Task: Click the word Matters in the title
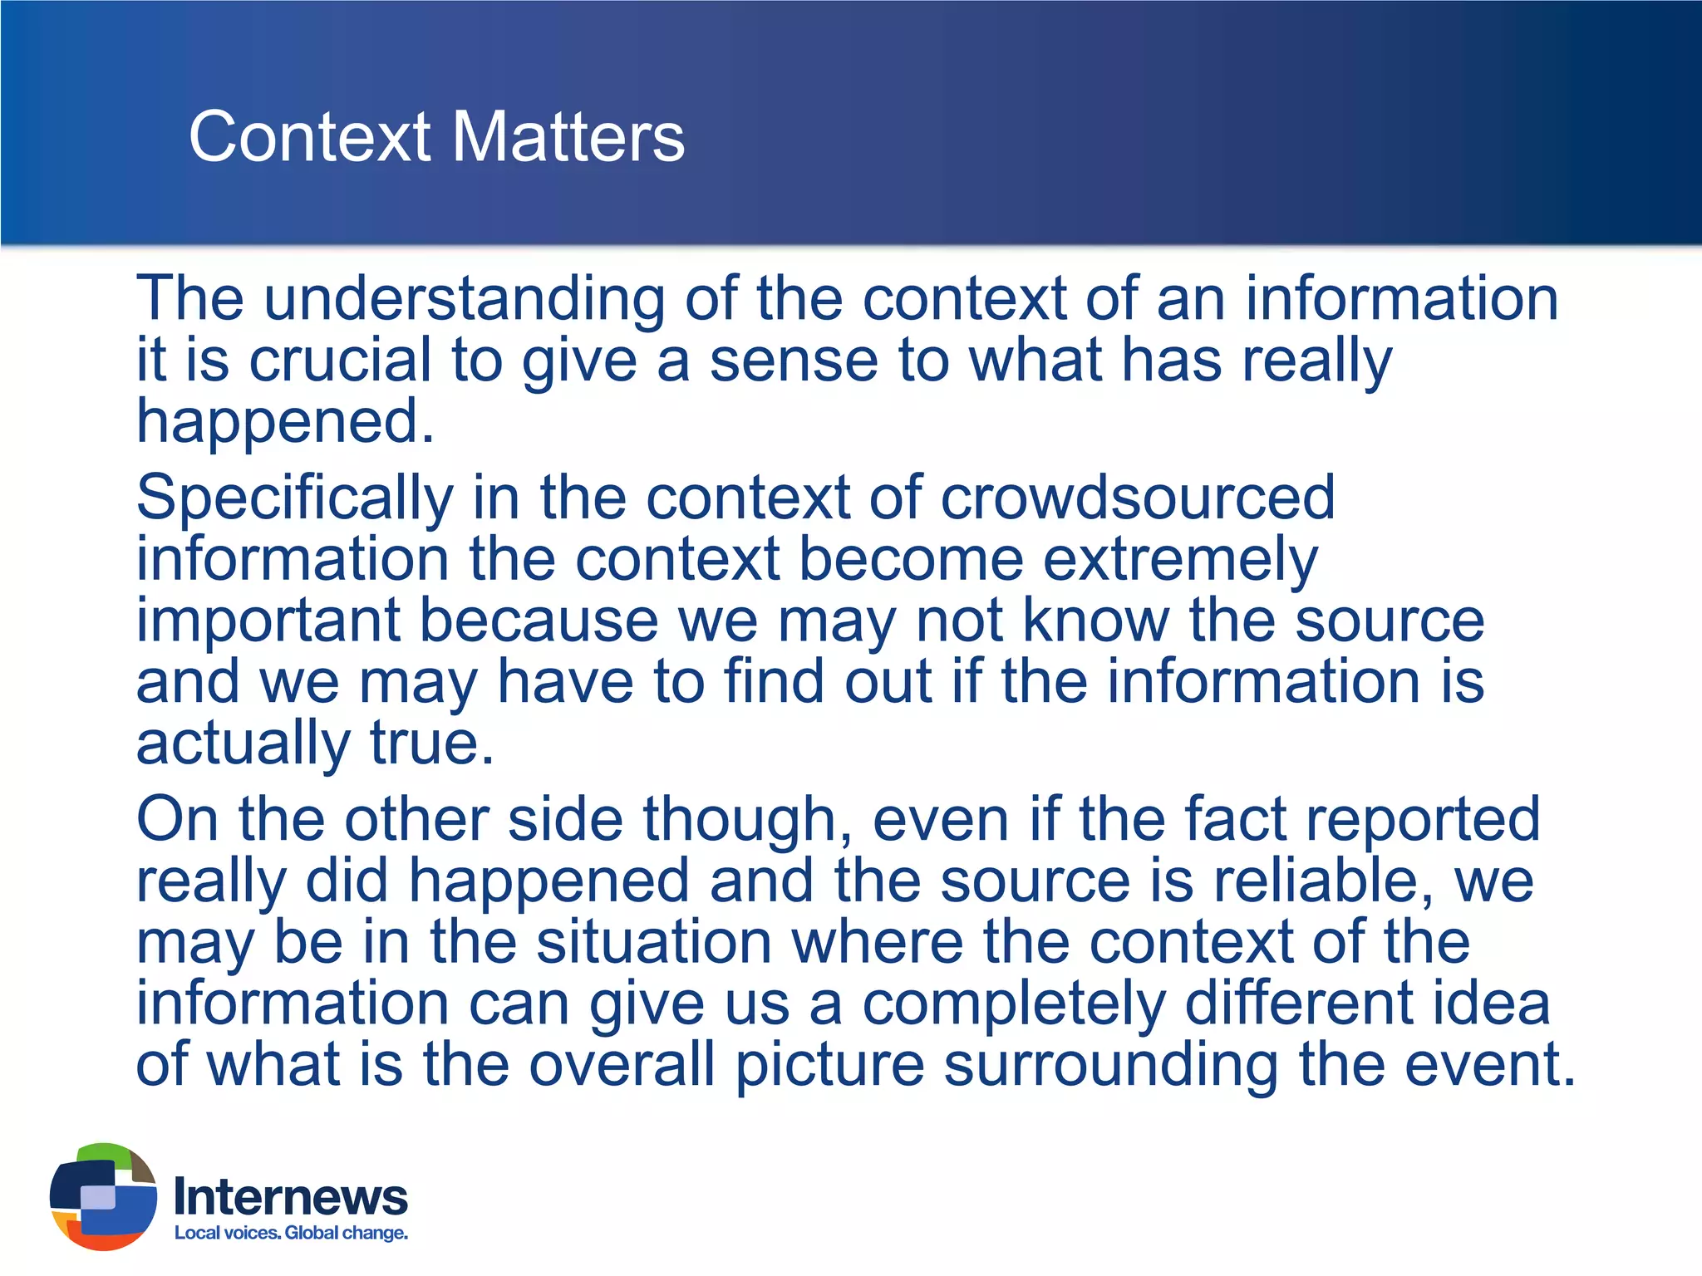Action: [x=568, y=137]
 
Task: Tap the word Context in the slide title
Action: [x=309, y=137]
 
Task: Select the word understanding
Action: [x=464, y=300]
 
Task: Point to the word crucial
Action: [x=340, y=361]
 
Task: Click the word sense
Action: [x=794, y=361]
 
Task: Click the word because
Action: [x=539, y=621]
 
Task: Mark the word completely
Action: [x=1014, y=1005]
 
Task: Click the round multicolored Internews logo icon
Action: [x=103, y=1196]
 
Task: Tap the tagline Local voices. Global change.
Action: [x=291, y=1233]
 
